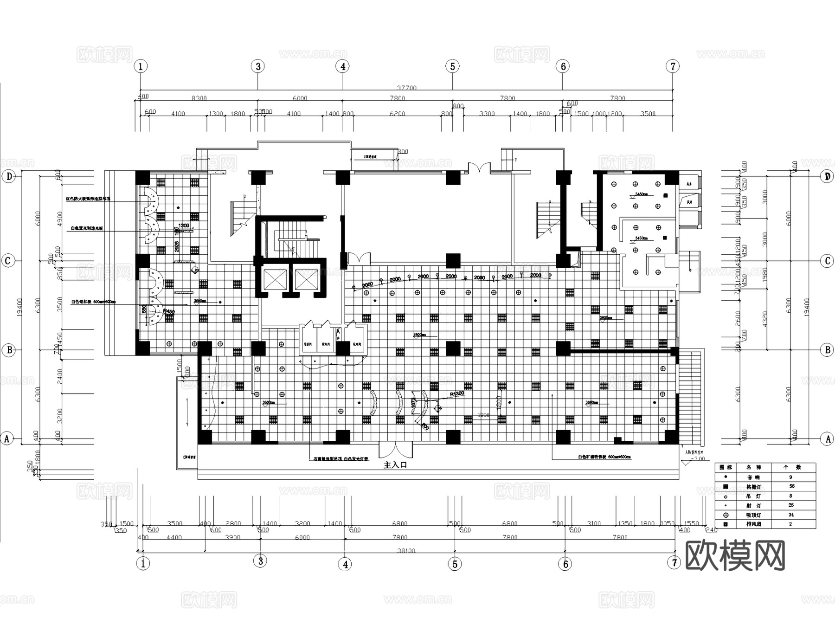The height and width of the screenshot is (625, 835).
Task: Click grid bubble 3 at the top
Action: point(258,66)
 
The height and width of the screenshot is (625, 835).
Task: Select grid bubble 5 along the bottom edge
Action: point(455,564)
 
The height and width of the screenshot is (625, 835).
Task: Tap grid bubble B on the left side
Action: point(9,350)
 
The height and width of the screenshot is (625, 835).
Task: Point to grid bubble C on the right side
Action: point(827,261)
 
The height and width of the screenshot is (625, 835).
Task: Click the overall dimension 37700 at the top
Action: point(407,88)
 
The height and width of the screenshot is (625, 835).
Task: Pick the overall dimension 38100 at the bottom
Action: point(406,551)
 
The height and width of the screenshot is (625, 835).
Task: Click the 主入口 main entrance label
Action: point(395,465)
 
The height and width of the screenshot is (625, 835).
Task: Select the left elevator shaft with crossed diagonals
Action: point(275,279)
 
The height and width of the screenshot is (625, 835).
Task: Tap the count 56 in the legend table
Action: point(792,486)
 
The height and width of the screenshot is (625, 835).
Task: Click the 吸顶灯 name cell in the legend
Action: point(753,515)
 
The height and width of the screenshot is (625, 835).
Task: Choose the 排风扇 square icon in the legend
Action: point(726,524)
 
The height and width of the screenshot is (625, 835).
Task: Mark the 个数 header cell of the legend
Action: point(792,467)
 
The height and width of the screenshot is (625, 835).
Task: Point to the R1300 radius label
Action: point(456,393)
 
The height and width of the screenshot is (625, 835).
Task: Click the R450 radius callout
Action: point(169,312)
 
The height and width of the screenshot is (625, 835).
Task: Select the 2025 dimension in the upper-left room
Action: point(177,246)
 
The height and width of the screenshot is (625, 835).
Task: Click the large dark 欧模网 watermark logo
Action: point(735,555)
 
